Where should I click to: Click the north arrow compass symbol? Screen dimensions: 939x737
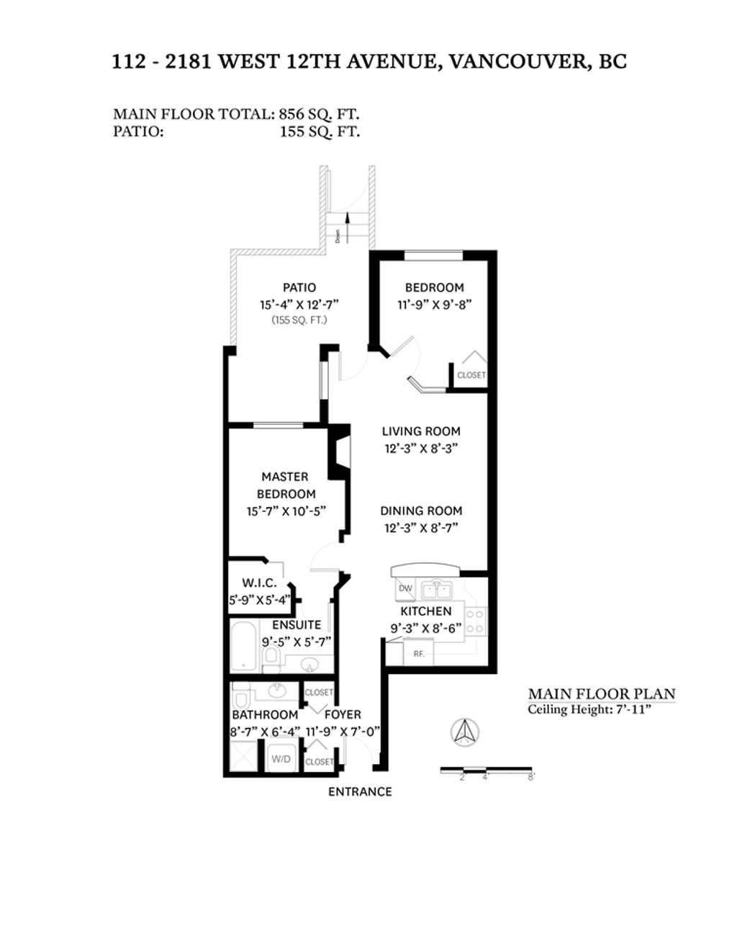pos(464,732)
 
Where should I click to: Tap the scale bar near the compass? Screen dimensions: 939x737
pos(486,770)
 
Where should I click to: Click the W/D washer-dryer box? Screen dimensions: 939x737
pos(280,759)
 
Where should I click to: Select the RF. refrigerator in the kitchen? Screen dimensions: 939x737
pos(418,654)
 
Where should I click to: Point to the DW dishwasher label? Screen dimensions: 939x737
pos(406,588)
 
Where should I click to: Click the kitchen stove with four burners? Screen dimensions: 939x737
pos(475,621)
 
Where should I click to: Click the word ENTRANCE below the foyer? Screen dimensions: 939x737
pos(360,791)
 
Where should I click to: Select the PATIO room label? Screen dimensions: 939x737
pos(299,287)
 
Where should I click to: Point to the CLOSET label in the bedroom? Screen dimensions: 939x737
pos(471,375)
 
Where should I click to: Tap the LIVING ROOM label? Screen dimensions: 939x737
pos(421,431)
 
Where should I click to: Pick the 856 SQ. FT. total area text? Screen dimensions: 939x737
pos(318,114)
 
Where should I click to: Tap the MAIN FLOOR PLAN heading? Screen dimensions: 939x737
pos(602,693)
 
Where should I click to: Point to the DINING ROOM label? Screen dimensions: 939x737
pos(421,511)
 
